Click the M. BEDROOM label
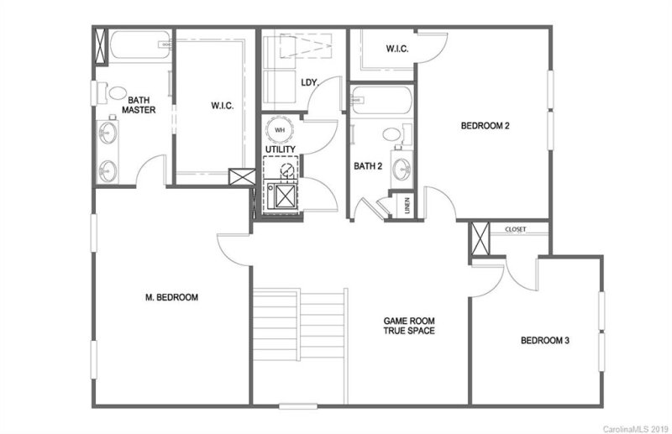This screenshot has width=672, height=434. tap(171, 297)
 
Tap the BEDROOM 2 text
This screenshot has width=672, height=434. tap(486, 126)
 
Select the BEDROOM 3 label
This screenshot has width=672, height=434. tap(545, 341)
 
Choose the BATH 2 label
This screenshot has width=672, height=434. tap(368, 166)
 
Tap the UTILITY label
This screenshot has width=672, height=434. tap(281, 149)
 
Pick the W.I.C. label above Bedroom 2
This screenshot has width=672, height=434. tap(397, 50)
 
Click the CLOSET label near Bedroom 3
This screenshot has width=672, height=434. tap(516, 229)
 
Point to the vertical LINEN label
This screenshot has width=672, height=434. tap(407, 206)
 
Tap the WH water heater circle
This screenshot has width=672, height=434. tap(281, 131)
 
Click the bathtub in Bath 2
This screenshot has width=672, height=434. tap(381, 101)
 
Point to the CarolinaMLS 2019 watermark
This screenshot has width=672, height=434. tap(635, 427)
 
